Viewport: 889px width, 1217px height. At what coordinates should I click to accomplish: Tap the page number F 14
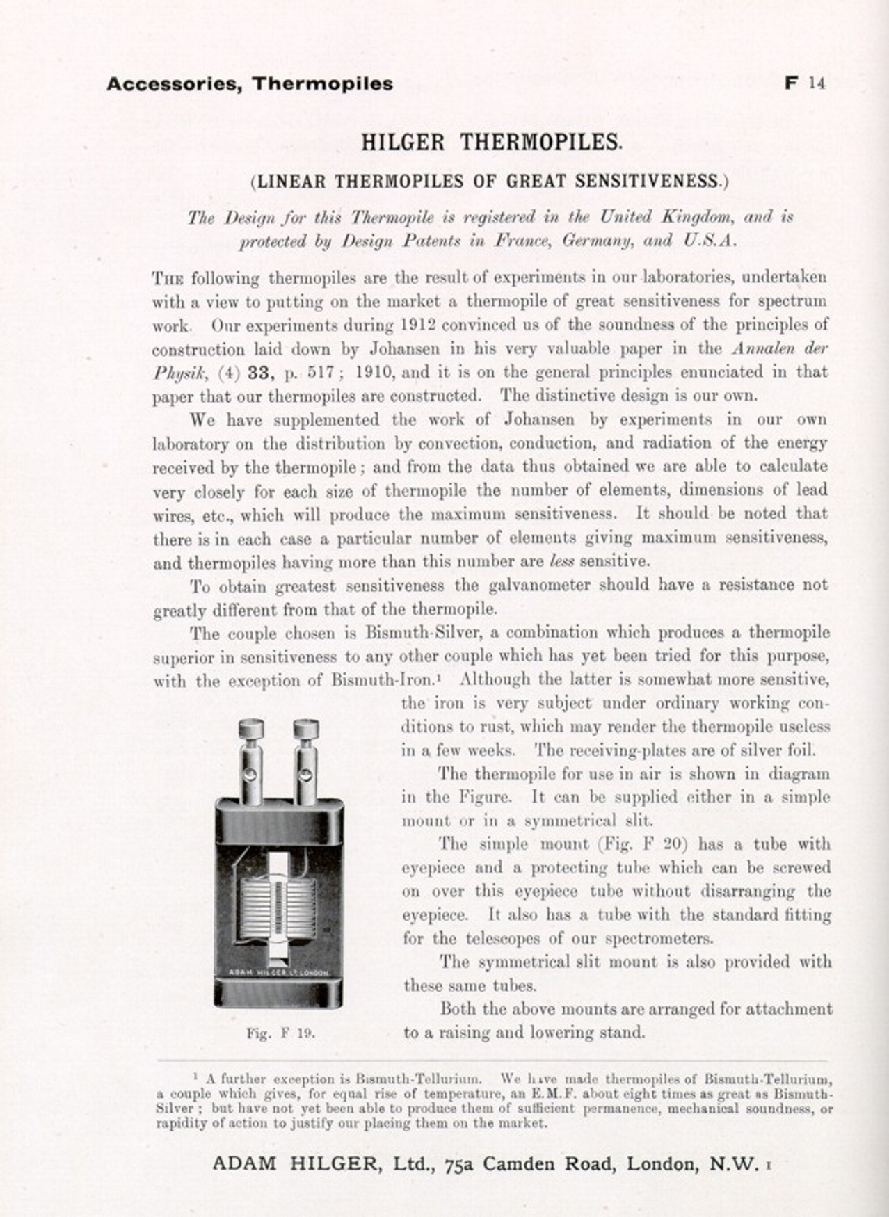tap(804, 83)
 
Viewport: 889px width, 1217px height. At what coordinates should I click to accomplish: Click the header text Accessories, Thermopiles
tap(250, 84)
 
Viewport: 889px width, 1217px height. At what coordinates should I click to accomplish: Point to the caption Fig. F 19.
tap(281, 1033)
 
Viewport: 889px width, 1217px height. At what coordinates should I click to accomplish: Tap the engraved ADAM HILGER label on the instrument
tap(278, 972)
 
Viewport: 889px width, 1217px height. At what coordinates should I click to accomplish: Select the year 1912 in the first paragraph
tap(418, 325)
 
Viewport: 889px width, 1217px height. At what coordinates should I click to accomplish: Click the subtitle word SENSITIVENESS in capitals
tap(652, 182)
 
